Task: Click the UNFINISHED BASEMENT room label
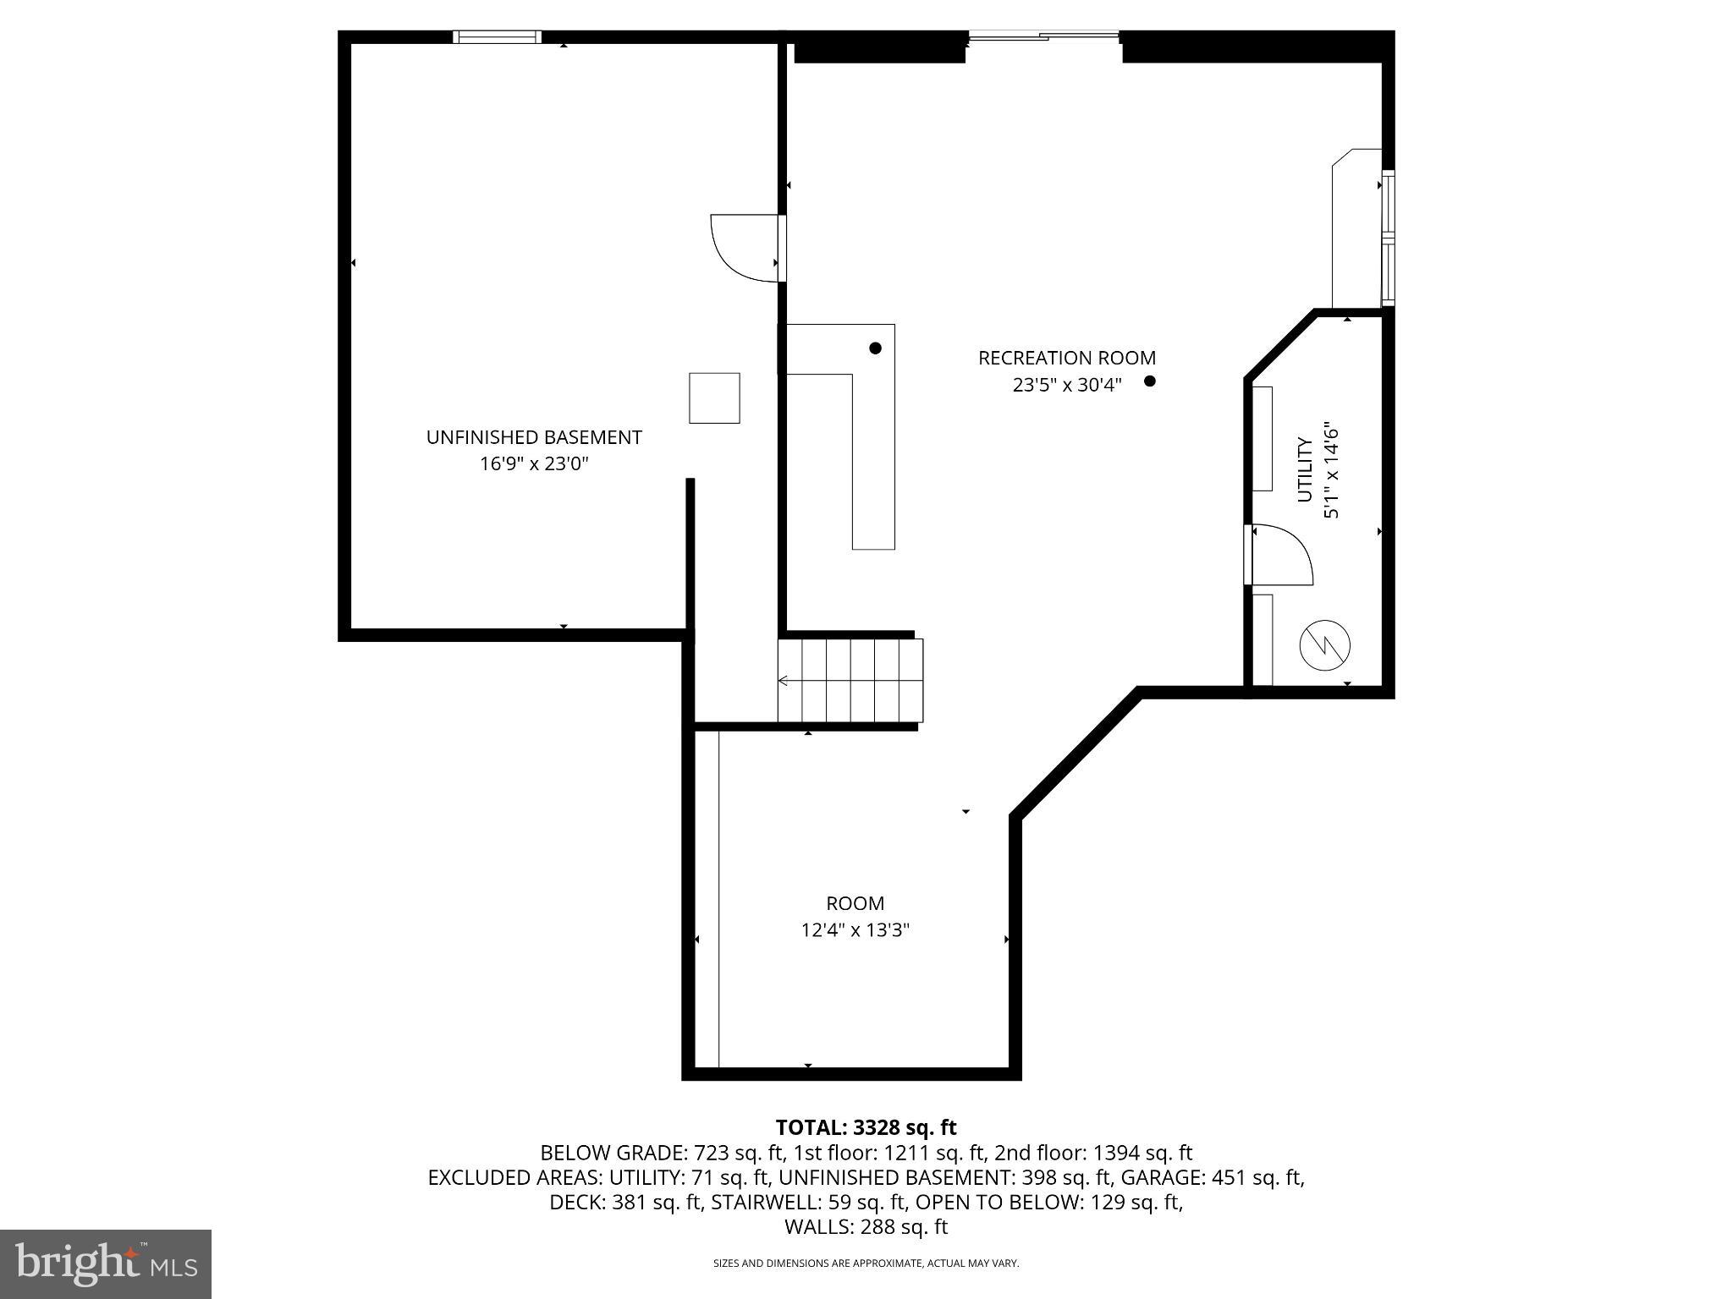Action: tap(533, 437)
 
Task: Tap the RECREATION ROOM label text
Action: tap(1066, 358)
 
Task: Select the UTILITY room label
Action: tap(1305, 470)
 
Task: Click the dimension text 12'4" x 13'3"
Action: tap(855, 930)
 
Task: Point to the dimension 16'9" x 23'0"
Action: tap(533, 463)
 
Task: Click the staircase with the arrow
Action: tap(850, 680)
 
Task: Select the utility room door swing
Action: tap(1279, 555)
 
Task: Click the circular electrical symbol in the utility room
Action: tap(1324, 645)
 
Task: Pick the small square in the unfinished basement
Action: tap(714, 397)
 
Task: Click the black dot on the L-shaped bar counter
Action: tap(875, 348)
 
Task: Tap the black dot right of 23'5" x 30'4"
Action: tap(1149, 381)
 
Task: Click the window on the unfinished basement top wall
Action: tap(497, 36)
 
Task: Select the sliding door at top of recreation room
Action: tap(1043, 36)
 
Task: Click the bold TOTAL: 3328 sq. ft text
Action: tap(866, 1127)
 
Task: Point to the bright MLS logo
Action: tap(105, 1263)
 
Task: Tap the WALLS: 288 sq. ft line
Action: tap(866, 1226)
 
